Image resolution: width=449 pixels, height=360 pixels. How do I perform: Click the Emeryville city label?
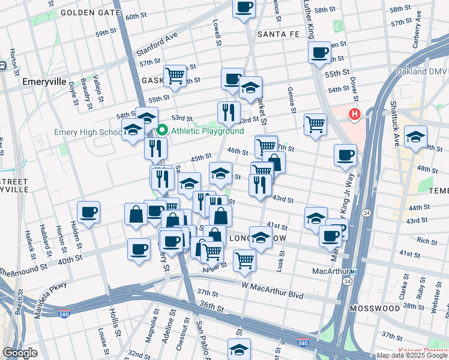tap(44, 81)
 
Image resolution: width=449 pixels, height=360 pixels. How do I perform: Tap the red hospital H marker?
tap(355, 113)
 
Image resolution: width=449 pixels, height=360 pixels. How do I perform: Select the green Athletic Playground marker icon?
tap(162, 130)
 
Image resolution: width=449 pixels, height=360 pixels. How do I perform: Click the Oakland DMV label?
tap(422, 72)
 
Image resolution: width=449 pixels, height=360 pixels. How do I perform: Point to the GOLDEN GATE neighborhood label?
tap(86, 12)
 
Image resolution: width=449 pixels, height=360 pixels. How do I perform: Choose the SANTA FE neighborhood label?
tap(278, 34)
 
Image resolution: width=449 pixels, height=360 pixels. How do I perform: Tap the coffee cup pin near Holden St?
tap(88, 212)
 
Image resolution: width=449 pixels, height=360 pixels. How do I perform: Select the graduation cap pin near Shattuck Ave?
tap(415, 137)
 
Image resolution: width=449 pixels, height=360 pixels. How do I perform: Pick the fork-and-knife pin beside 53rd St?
tap(229, 112)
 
